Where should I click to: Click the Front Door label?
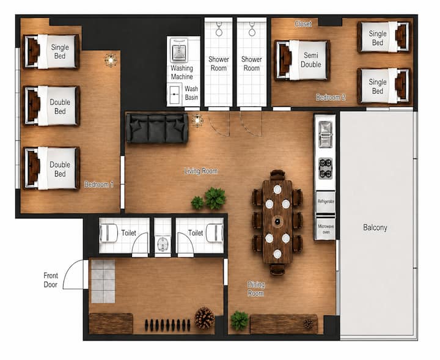51,280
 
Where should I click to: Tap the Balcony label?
375,227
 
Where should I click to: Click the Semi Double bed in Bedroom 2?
301,60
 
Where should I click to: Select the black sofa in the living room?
157,128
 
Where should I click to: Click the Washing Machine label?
182,72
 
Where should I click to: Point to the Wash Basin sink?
175,95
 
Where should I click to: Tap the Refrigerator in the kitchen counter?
326,202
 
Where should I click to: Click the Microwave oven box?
326,228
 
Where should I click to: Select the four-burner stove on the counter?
326,168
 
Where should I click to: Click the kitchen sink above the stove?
326,134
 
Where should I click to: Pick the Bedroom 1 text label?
99,185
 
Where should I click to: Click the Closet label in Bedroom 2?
303,24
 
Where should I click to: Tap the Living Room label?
201,171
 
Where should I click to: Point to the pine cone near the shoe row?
205,318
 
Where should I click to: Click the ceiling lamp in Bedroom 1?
111,60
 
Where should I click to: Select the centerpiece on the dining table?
277,221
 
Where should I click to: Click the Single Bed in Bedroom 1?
51,51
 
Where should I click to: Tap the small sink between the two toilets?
163,244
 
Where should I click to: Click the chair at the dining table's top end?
277,175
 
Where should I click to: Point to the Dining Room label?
255,289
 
